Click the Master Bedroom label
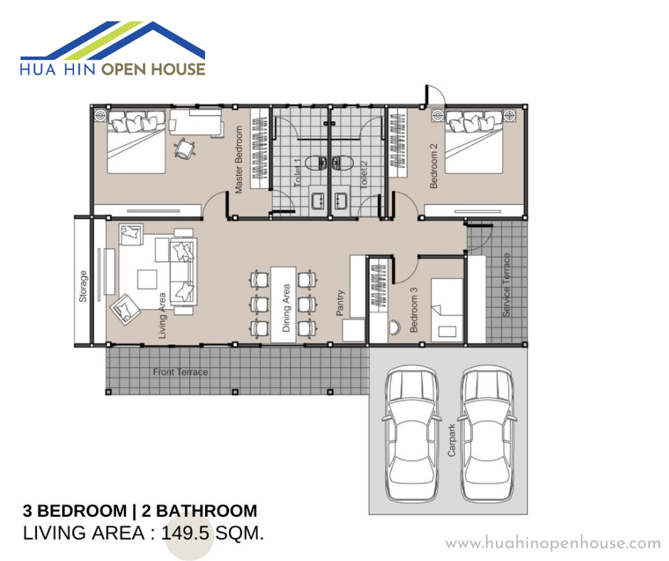[239, 159]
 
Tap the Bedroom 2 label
[433, 166]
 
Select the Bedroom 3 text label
[413, 310]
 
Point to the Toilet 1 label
[297, 172]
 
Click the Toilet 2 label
[364, 174]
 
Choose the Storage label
[83, 286]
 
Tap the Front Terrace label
[181, 372]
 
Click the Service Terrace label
[506, 285]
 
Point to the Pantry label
[339, 303]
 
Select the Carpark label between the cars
[451, 440]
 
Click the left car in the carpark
[412, 434]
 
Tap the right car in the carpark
[487, 434]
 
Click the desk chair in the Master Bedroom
[185, 149]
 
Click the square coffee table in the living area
[147, 279]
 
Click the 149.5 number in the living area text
[185, 533]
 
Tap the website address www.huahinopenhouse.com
[553, 542]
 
